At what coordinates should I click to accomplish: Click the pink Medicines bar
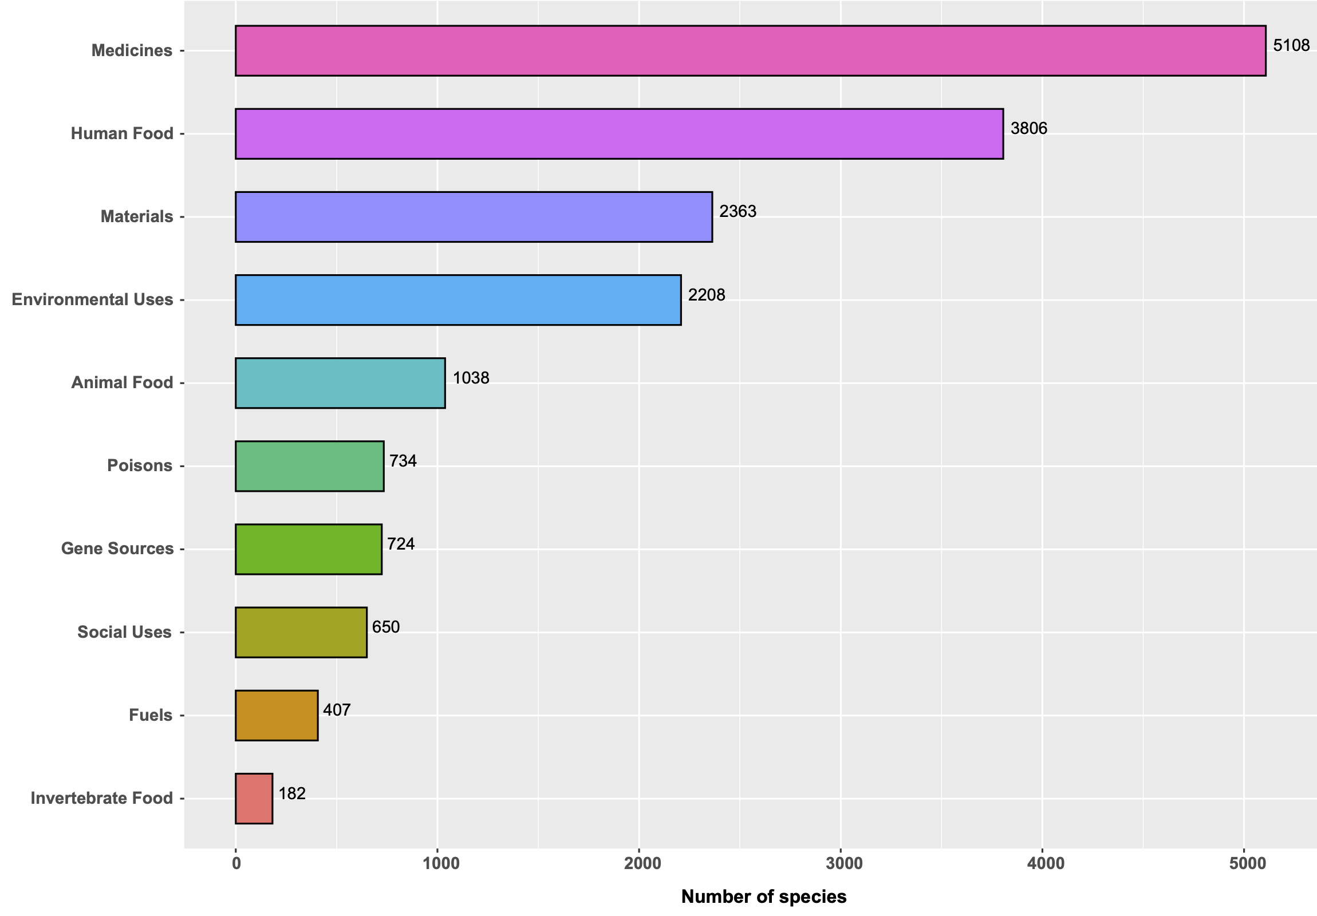pos(750,50)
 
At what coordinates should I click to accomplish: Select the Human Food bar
pos(619,133)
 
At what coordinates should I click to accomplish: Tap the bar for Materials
pos(474,217)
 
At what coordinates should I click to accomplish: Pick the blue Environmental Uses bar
pos(458,300)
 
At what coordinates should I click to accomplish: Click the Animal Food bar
pos(340,383)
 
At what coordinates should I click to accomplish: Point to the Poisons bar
pos(309,466)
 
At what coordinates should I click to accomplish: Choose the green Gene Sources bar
pos(308,549)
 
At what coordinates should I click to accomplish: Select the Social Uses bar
pos(301,632)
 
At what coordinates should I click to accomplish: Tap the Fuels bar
pos(277,715)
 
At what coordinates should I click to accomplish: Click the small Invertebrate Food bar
pos(254,799)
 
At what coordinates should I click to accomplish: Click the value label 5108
pos(1291,45)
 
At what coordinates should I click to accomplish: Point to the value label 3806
pos(1028,128)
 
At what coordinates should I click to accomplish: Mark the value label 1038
pos(471,378)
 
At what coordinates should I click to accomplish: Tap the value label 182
pos(292,793)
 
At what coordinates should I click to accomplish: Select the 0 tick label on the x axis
pos(236,864)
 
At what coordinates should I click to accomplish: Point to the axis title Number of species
pos(763,897)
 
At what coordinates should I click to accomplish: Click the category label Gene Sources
pos(117,548)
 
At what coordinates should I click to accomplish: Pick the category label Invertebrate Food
pos(101,798)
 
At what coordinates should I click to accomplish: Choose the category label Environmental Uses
pos(92,299)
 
